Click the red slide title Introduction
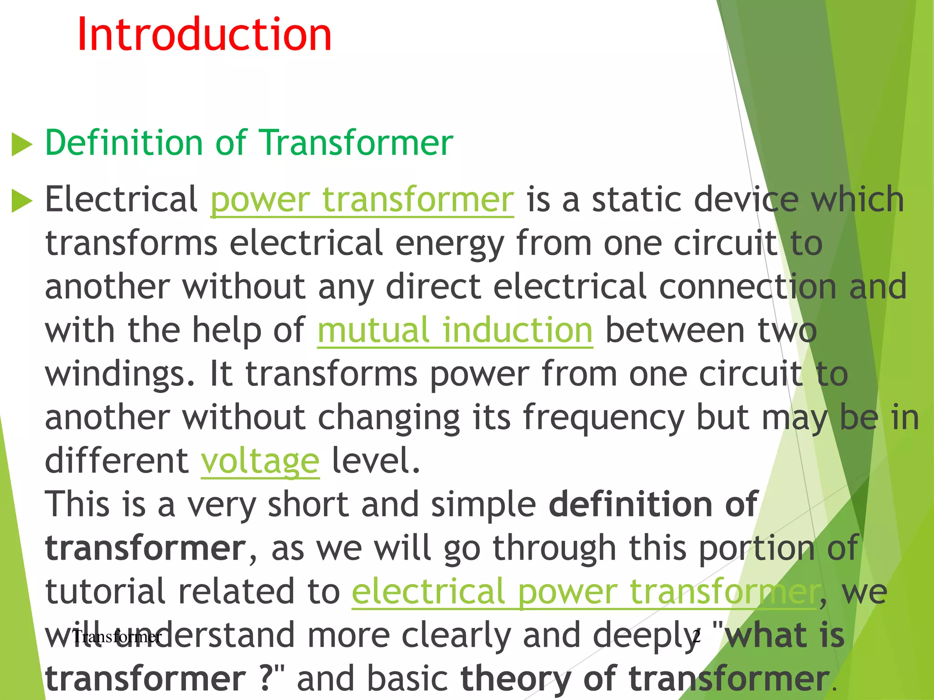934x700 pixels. pos(204,35)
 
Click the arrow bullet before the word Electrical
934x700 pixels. pos(22,201)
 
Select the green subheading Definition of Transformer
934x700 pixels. pos(249,143)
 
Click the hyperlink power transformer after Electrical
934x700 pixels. pos(362,200)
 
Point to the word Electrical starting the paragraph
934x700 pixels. pos(121,200)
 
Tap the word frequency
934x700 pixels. pos(603,418)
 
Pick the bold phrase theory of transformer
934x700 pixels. pos(644,679)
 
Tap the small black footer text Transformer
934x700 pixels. pos(117,637)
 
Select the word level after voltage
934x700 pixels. pos(375,461)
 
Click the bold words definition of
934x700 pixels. pos(653,504)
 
